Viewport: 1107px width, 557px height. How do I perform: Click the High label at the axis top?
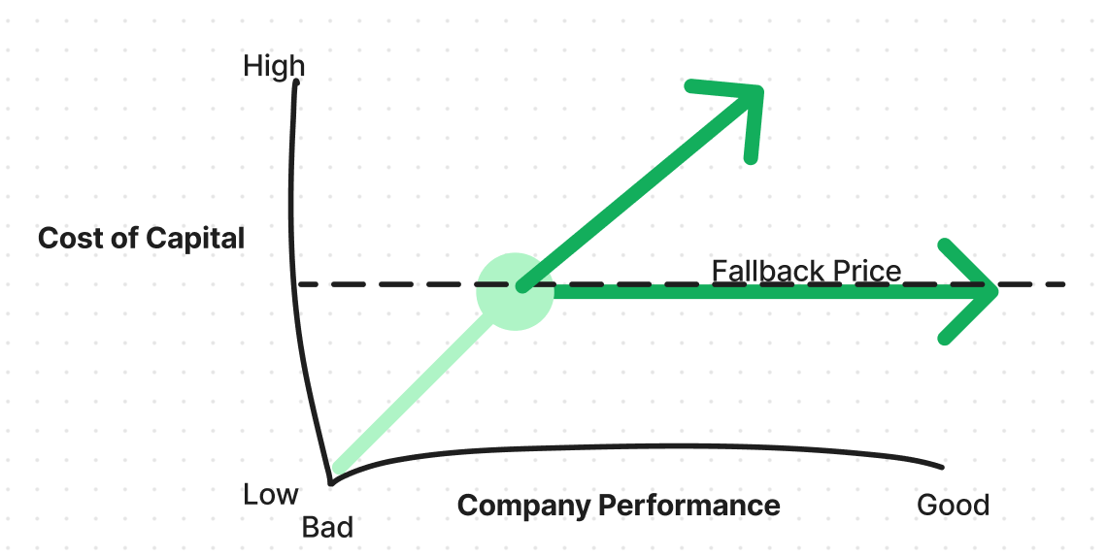[274, 67]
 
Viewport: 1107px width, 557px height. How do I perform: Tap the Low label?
[270, 495]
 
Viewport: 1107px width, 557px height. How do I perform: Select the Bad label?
[327, 528]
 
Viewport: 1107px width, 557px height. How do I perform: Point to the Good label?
[953, 506]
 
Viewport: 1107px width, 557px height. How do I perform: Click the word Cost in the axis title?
[71, 238]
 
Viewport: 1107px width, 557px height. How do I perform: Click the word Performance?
[688, 506]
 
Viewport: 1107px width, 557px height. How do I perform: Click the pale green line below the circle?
[408, 398]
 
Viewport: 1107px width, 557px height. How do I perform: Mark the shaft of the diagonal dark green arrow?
[631, 194]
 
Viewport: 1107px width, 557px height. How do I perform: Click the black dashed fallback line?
[388, 284]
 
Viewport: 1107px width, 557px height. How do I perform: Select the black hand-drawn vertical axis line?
[294, 291]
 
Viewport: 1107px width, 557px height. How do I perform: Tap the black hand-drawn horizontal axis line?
[631, 448]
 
